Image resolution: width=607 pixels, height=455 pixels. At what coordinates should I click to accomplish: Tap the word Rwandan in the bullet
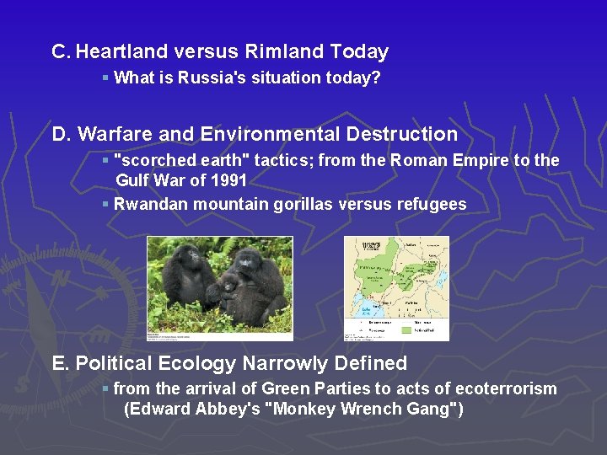tap(144, 205)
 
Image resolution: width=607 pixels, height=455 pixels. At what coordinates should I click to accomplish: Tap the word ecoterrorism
tap(506, 389)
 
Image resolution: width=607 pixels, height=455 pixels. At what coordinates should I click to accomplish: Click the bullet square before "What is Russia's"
tap(105, 78)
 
